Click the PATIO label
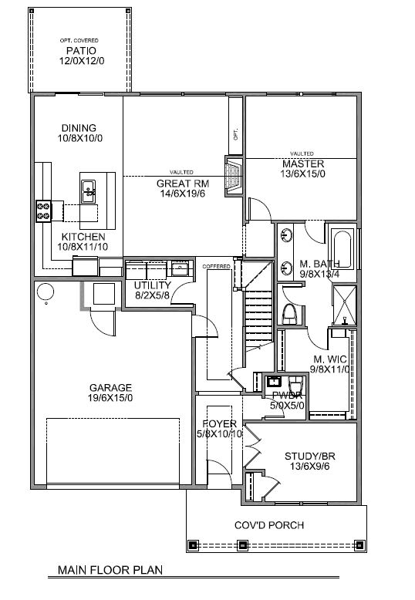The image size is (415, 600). [79, 52]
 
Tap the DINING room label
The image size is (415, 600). [79, 128]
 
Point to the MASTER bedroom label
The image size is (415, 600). [302, 164]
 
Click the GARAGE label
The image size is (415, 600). [110, 388]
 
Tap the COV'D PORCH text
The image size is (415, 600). [269, 525]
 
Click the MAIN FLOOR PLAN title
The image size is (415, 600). [110, 572]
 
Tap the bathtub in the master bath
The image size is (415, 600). [340, 248]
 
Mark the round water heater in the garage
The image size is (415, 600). [46, 292]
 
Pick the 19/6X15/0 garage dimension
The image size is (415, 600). [110, 399]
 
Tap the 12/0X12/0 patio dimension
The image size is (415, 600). [79, 62]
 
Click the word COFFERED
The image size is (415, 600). [216, 266]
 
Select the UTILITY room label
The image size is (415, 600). [153, 285]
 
